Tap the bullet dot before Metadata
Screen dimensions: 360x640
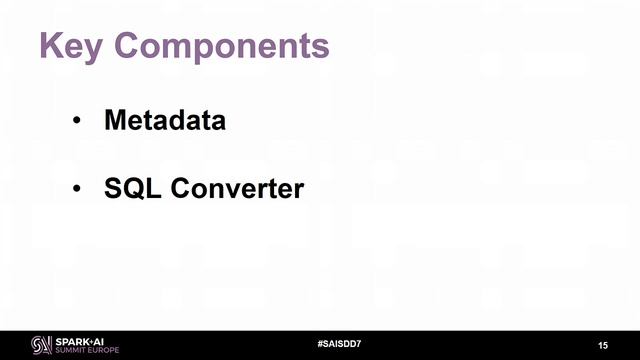coord(76,123)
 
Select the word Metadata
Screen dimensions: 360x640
coord(165,121)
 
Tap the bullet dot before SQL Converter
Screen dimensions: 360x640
coord(76,189)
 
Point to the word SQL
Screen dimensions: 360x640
coord(131,187)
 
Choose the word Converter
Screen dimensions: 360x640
coord(235,187)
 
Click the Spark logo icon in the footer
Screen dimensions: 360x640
coord(41,345)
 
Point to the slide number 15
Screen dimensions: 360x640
coord(603,345)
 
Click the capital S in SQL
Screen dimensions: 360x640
coord(113,187)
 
